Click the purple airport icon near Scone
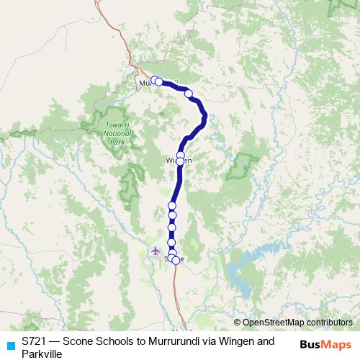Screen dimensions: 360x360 pos(156,251)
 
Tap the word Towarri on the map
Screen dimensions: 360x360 pos(109,127)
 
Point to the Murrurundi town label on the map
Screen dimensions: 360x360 pos(148,84)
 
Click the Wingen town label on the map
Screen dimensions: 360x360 pos(178,161)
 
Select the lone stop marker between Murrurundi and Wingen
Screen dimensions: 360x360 pos(189,93)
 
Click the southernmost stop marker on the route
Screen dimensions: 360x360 pos(176,261)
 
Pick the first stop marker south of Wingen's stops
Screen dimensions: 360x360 pos(173,207)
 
